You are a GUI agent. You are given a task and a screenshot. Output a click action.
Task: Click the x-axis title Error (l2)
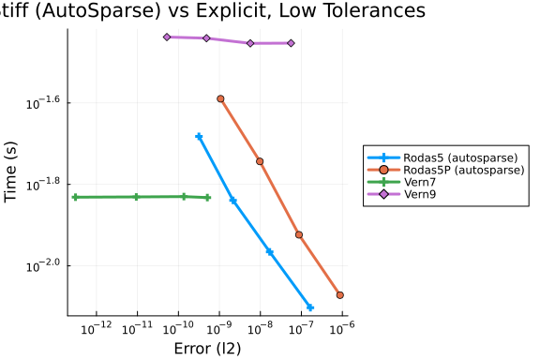tap(207, 349)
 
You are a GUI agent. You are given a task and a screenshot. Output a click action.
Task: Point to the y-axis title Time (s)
tap(10, 172)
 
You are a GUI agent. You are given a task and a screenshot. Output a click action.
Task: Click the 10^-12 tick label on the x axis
tap(97, 328)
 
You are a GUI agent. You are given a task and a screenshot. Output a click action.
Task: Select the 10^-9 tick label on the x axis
tap(218, 328)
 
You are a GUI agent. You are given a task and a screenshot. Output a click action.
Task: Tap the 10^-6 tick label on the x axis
tap(342, 328)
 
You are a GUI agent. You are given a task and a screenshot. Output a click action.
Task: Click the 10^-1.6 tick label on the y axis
tap(43, 102)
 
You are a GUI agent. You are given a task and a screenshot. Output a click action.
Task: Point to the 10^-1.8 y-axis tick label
tap(43, 184)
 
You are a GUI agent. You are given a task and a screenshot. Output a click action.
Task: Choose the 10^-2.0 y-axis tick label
tap(43, 265)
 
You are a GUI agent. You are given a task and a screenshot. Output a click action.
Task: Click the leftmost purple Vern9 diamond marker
tap(167, 37)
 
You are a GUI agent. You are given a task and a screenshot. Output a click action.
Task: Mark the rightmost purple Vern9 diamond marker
tap(291, 43)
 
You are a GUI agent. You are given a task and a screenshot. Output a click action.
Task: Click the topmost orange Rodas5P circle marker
tap(220, 98)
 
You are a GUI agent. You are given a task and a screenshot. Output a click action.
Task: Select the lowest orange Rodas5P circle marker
tap(340, 295)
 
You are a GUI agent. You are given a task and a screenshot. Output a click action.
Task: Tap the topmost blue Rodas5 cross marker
tap(199, 137)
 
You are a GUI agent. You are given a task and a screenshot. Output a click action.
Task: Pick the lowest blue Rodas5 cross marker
tap(310, 307)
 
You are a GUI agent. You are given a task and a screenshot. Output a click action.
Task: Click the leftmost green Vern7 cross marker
tap(75, 197)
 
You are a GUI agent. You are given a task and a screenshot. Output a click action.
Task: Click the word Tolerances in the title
tap(375, 10)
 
